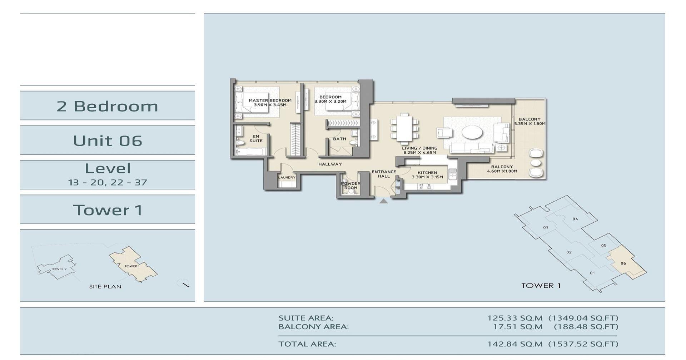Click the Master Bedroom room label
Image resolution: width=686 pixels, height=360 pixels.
[x=270, y=100]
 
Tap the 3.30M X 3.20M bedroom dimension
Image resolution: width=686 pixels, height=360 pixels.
[x=330, y=102]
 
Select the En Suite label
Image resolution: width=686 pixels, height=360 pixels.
[x=256, y=139]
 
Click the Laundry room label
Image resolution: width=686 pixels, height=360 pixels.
[x=287, y=177]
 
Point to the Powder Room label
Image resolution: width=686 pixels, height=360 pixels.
[x=351, y=186]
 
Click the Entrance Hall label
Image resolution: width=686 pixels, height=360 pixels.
[x=384, y=174]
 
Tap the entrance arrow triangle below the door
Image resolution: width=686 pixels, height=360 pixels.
[x=383, y=201]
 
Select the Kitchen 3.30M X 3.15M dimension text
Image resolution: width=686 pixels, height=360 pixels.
[x=427, y=177]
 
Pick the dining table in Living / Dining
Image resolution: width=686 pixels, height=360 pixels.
[x=404, y=128]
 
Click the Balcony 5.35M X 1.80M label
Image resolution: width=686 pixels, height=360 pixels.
[x=530, y=122]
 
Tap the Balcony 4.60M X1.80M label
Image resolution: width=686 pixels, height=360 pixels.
[x=502, y=169]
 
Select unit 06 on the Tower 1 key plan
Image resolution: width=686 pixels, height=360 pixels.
[x=623, y=263]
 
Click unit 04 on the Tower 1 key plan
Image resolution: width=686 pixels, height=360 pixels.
[x=575, y=219]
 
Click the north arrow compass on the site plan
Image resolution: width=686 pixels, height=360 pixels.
[x=183, y=283]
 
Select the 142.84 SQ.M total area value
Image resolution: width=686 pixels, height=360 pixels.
[x=515, y=344]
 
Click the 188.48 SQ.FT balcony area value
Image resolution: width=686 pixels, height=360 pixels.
[x=586, y=326]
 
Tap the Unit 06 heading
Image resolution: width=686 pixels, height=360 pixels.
[x=108, y=140]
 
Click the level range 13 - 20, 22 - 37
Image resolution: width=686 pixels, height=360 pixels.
[x=108, y=182]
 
